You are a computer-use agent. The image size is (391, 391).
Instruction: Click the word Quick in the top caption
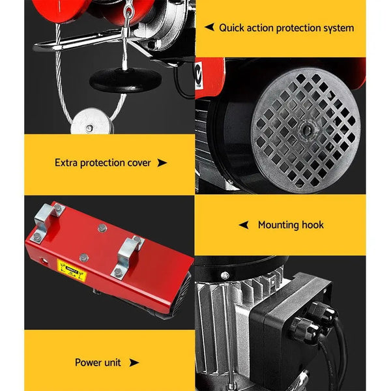click(x=231, y=28)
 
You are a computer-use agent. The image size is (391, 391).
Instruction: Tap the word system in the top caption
click(x=337, y=28)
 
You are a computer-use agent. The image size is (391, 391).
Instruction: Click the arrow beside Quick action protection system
click(x=209, y=28)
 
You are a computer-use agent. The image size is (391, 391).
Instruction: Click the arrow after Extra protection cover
click(x=162, y=163)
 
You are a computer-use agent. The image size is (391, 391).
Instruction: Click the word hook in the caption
click(x=313, y=225)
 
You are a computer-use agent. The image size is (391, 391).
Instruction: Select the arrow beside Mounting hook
click(x=243, y=225)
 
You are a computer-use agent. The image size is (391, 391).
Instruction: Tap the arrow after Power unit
click(x=134, y=362)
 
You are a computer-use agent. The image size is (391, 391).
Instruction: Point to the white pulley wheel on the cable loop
click(x=89, y=121)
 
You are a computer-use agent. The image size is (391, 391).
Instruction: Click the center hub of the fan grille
click(x=305, y=129)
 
